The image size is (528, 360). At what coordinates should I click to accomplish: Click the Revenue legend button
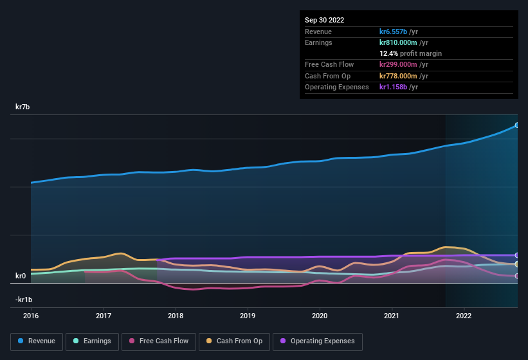37,341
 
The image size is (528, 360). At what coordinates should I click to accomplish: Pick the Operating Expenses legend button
318,341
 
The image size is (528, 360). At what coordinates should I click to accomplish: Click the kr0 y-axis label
21,276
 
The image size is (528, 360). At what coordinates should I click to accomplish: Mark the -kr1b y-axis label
23,300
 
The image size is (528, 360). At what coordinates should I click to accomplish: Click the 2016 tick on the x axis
31,316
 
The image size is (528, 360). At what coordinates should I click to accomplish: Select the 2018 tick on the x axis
176,316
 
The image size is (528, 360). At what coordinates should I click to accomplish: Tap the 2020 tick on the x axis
320,316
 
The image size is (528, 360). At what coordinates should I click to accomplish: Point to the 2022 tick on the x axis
464,316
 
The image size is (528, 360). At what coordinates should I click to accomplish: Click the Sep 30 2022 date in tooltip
325,20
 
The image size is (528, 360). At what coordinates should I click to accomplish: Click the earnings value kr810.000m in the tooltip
405,42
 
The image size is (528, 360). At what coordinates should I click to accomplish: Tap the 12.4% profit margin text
410,53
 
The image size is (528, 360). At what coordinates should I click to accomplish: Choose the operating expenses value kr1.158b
399,87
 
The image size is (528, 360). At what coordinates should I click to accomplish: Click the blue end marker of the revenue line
517,125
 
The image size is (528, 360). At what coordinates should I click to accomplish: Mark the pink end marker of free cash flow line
517,276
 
